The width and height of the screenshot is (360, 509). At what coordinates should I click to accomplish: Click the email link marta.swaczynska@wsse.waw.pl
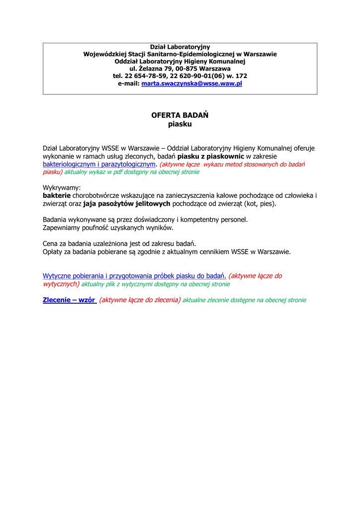point(191,84)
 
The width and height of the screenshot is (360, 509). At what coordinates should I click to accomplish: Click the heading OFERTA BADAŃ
point(180,115)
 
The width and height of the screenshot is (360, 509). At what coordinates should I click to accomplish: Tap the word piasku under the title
point(180,124)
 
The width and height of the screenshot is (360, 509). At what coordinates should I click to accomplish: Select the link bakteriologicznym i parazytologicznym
point(99,164)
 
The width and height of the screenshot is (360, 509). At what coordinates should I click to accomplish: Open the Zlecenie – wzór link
point(70,300)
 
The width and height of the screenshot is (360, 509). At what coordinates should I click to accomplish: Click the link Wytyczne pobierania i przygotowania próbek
point(134,276)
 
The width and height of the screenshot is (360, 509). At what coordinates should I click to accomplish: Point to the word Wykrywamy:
point(62,188)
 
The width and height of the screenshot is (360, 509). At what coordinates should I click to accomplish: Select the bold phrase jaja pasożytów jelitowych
point(127,204)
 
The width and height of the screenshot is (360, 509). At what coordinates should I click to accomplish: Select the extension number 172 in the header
point(241,76)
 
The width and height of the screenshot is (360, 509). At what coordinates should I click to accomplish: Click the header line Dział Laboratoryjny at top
point(180,47)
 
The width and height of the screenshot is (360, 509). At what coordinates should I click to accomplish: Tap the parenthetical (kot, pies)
point(260,204)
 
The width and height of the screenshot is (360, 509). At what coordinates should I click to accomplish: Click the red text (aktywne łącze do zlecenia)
point(140,300)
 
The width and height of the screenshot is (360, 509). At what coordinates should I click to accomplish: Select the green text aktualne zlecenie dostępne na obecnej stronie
point(244,300)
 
